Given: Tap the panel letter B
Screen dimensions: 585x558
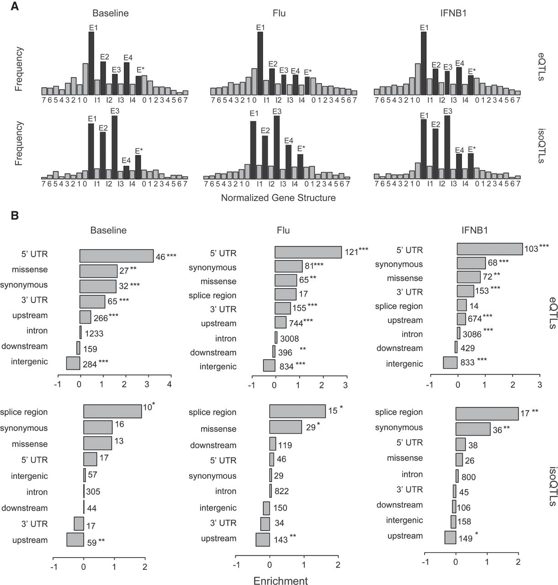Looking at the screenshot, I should (15, 214).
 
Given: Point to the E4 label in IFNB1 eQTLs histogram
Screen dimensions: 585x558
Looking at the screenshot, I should (459, 63).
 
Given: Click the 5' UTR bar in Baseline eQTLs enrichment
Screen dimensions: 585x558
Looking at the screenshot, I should (117, 256).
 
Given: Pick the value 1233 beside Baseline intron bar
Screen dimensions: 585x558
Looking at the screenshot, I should (93, 334).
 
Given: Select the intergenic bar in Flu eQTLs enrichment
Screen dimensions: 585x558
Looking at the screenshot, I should (269, 366).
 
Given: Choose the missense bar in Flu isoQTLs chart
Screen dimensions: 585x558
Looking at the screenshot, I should (286, 427).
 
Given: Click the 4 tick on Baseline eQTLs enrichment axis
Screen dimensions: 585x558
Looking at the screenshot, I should (169, 385).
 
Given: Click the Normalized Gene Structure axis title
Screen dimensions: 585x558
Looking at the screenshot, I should (278, 198).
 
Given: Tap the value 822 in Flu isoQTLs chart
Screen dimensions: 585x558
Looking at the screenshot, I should (282, 491).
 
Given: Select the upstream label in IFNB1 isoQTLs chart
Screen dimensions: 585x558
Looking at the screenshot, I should (405, 536).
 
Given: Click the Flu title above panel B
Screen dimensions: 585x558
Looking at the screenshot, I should (282, 230).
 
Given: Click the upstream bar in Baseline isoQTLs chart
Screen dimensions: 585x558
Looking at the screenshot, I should (75, 539).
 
